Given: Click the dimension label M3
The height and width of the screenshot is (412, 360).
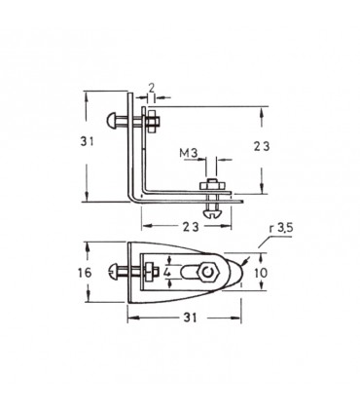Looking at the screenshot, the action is pyautogui.click(x=189, y=153).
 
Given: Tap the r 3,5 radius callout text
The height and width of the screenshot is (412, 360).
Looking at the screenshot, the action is pyautogui.click(x=280, y=228).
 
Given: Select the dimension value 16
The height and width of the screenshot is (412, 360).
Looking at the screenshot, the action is pyautogui.click(x=85, y=273).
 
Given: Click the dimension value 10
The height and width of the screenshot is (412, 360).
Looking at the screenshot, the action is pyautogui.click(x=261, y=273).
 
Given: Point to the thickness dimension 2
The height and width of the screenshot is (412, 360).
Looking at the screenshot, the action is pyautogui.click(x=151, y=87).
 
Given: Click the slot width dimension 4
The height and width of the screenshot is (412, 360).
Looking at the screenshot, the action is pyautogui.click(x=167, y=272).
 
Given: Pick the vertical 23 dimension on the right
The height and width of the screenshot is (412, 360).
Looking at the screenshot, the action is pyautogui.click(x=262, y=147).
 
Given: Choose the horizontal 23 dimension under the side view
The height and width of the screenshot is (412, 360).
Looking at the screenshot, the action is pyautogui.click(x=191, y=227).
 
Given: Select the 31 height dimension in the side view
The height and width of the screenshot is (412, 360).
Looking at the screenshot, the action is pyautogui.click(x=87, y=141).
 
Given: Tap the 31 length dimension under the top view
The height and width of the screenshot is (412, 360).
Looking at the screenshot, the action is pyautogui.click(x=191, y=318).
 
